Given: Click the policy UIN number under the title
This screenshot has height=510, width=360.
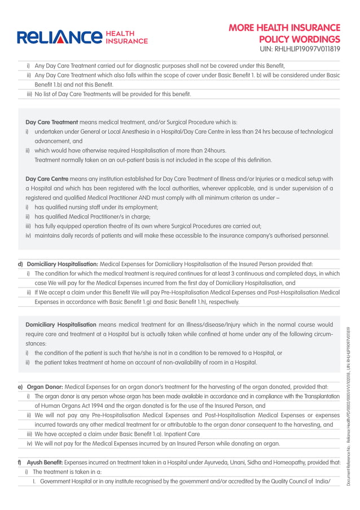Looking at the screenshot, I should click(x=300, y=50).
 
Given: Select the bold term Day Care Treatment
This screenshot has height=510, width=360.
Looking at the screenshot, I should click(x=52, y=122).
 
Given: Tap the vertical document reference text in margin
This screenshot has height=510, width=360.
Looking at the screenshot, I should click(x=349, y=407).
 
